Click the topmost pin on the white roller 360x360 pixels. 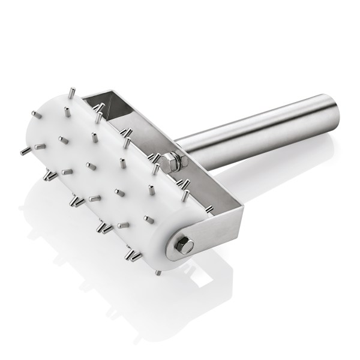(x=72, y=93)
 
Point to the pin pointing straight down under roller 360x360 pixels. (x=157, y=271)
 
